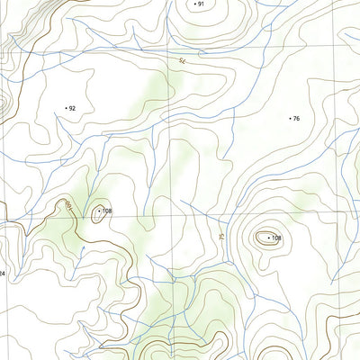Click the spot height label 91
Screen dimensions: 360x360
(x=202, y=4)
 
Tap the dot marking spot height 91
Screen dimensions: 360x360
(x=195, y=4)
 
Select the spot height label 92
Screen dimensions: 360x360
(x=72, y=108)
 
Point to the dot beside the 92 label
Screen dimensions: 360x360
(x=66, y=108)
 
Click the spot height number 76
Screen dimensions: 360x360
(x=296, y=119)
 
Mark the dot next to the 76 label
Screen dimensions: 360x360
(x=290, y=119)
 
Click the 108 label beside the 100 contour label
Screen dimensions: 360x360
(x=106, y=211)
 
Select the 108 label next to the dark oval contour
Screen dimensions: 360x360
(x=276, y=238)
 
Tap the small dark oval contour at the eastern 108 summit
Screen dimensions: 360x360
(x=265, y=238)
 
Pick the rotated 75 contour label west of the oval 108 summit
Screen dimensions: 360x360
(x=220, y=236)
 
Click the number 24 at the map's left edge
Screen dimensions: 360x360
(x=3, y=273)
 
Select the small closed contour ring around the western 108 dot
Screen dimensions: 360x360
(x=96, y=211)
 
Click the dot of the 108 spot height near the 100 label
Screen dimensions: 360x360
(x=98, y=211)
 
